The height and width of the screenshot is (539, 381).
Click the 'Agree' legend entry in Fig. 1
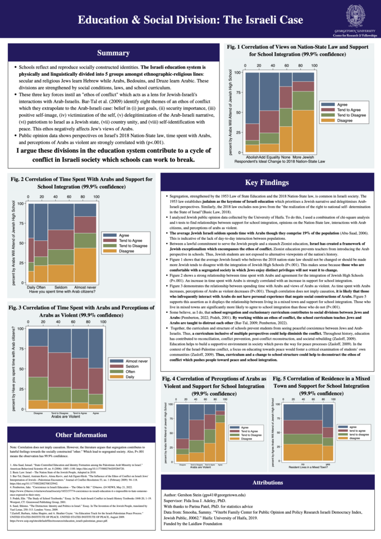click(342, 104)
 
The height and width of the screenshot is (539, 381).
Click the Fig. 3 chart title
click(82, 312)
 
